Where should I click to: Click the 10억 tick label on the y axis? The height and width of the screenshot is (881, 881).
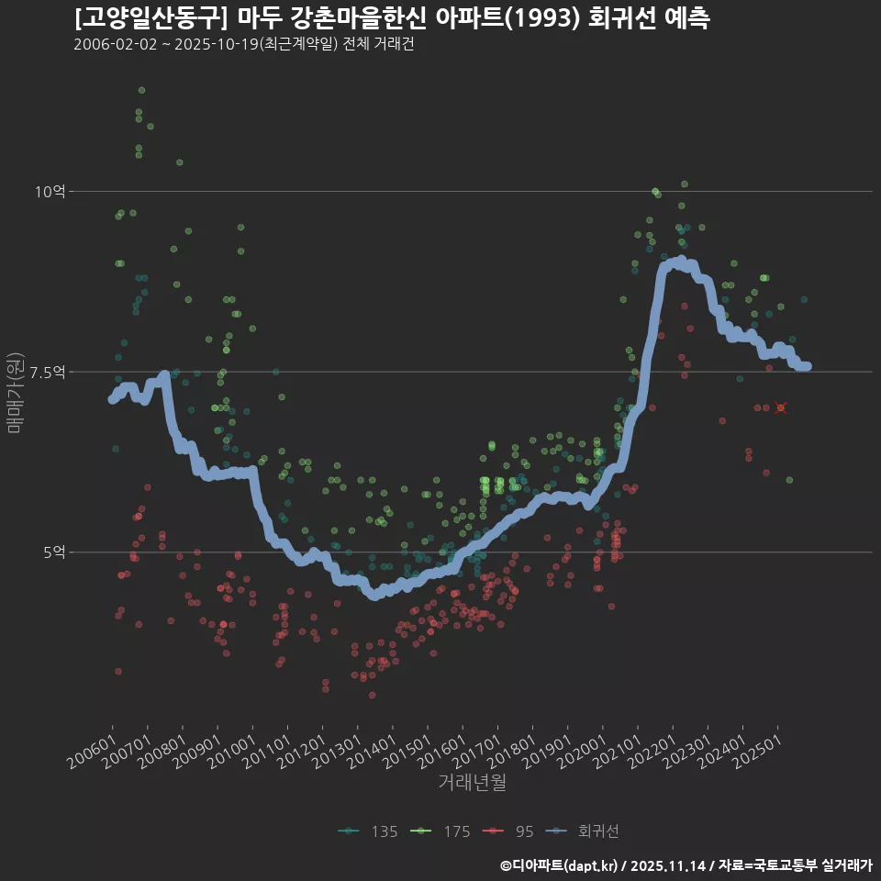point(50,192)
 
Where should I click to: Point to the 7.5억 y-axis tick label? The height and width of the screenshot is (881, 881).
point(46,372)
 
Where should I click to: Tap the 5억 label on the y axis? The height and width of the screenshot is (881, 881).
point(53,552)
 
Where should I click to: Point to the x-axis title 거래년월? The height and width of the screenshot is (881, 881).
point(472,782)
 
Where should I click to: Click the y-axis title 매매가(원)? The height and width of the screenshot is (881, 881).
point(14,392)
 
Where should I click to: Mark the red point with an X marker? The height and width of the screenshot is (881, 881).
point(780,407)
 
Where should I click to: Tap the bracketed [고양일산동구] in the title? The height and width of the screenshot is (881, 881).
point(151,18)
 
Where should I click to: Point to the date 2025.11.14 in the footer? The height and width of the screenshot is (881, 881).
point(669,864)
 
